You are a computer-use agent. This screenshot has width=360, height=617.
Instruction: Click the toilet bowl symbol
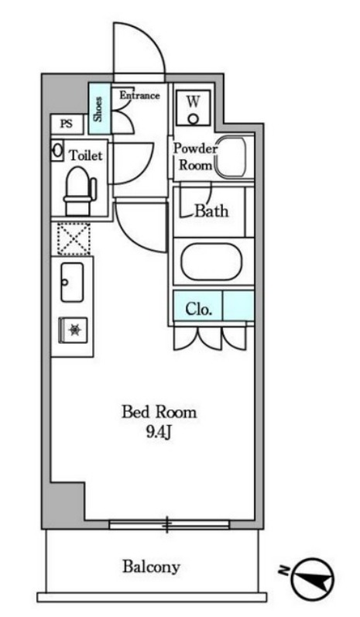[x=80, y=191]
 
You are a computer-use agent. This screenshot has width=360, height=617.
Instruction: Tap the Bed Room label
[x=159, y=412]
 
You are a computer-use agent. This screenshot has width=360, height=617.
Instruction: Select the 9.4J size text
[x=159, y=432]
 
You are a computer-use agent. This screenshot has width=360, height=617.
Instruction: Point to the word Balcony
[x=151, y=567]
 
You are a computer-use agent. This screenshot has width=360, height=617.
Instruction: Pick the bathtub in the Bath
[x=211, y=262]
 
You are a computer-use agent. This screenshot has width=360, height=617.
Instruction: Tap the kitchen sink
[x=72, y=283]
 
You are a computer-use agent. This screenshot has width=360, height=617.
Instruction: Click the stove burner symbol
[x=74, y=330]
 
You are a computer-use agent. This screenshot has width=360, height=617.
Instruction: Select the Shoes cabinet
[x=99, y=108]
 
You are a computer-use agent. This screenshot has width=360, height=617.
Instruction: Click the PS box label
[x=67, y=124]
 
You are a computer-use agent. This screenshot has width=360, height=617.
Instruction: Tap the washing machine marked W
[x=193, y=108]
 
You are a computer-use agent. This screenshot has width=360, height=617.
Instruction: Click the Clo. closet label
[x=198, y=310]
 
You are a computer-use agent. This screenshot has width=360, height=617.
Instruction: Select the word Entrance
[x=139, y=95]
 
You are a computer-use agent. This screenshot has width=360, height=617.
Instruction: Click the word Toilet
[x=86, y=155]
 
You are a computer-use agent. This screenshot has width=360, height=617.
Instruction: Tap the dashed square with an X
[x=74, y=239]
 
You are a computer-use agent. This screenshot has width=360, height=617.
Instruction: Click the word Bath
[x=211, y=211]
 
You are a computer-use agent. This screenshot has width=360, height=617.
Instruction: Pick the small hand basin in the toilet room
[x=57, y=150]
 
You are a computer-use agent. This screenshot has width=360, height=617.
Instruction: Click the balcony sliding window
[x=170, y=524]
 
